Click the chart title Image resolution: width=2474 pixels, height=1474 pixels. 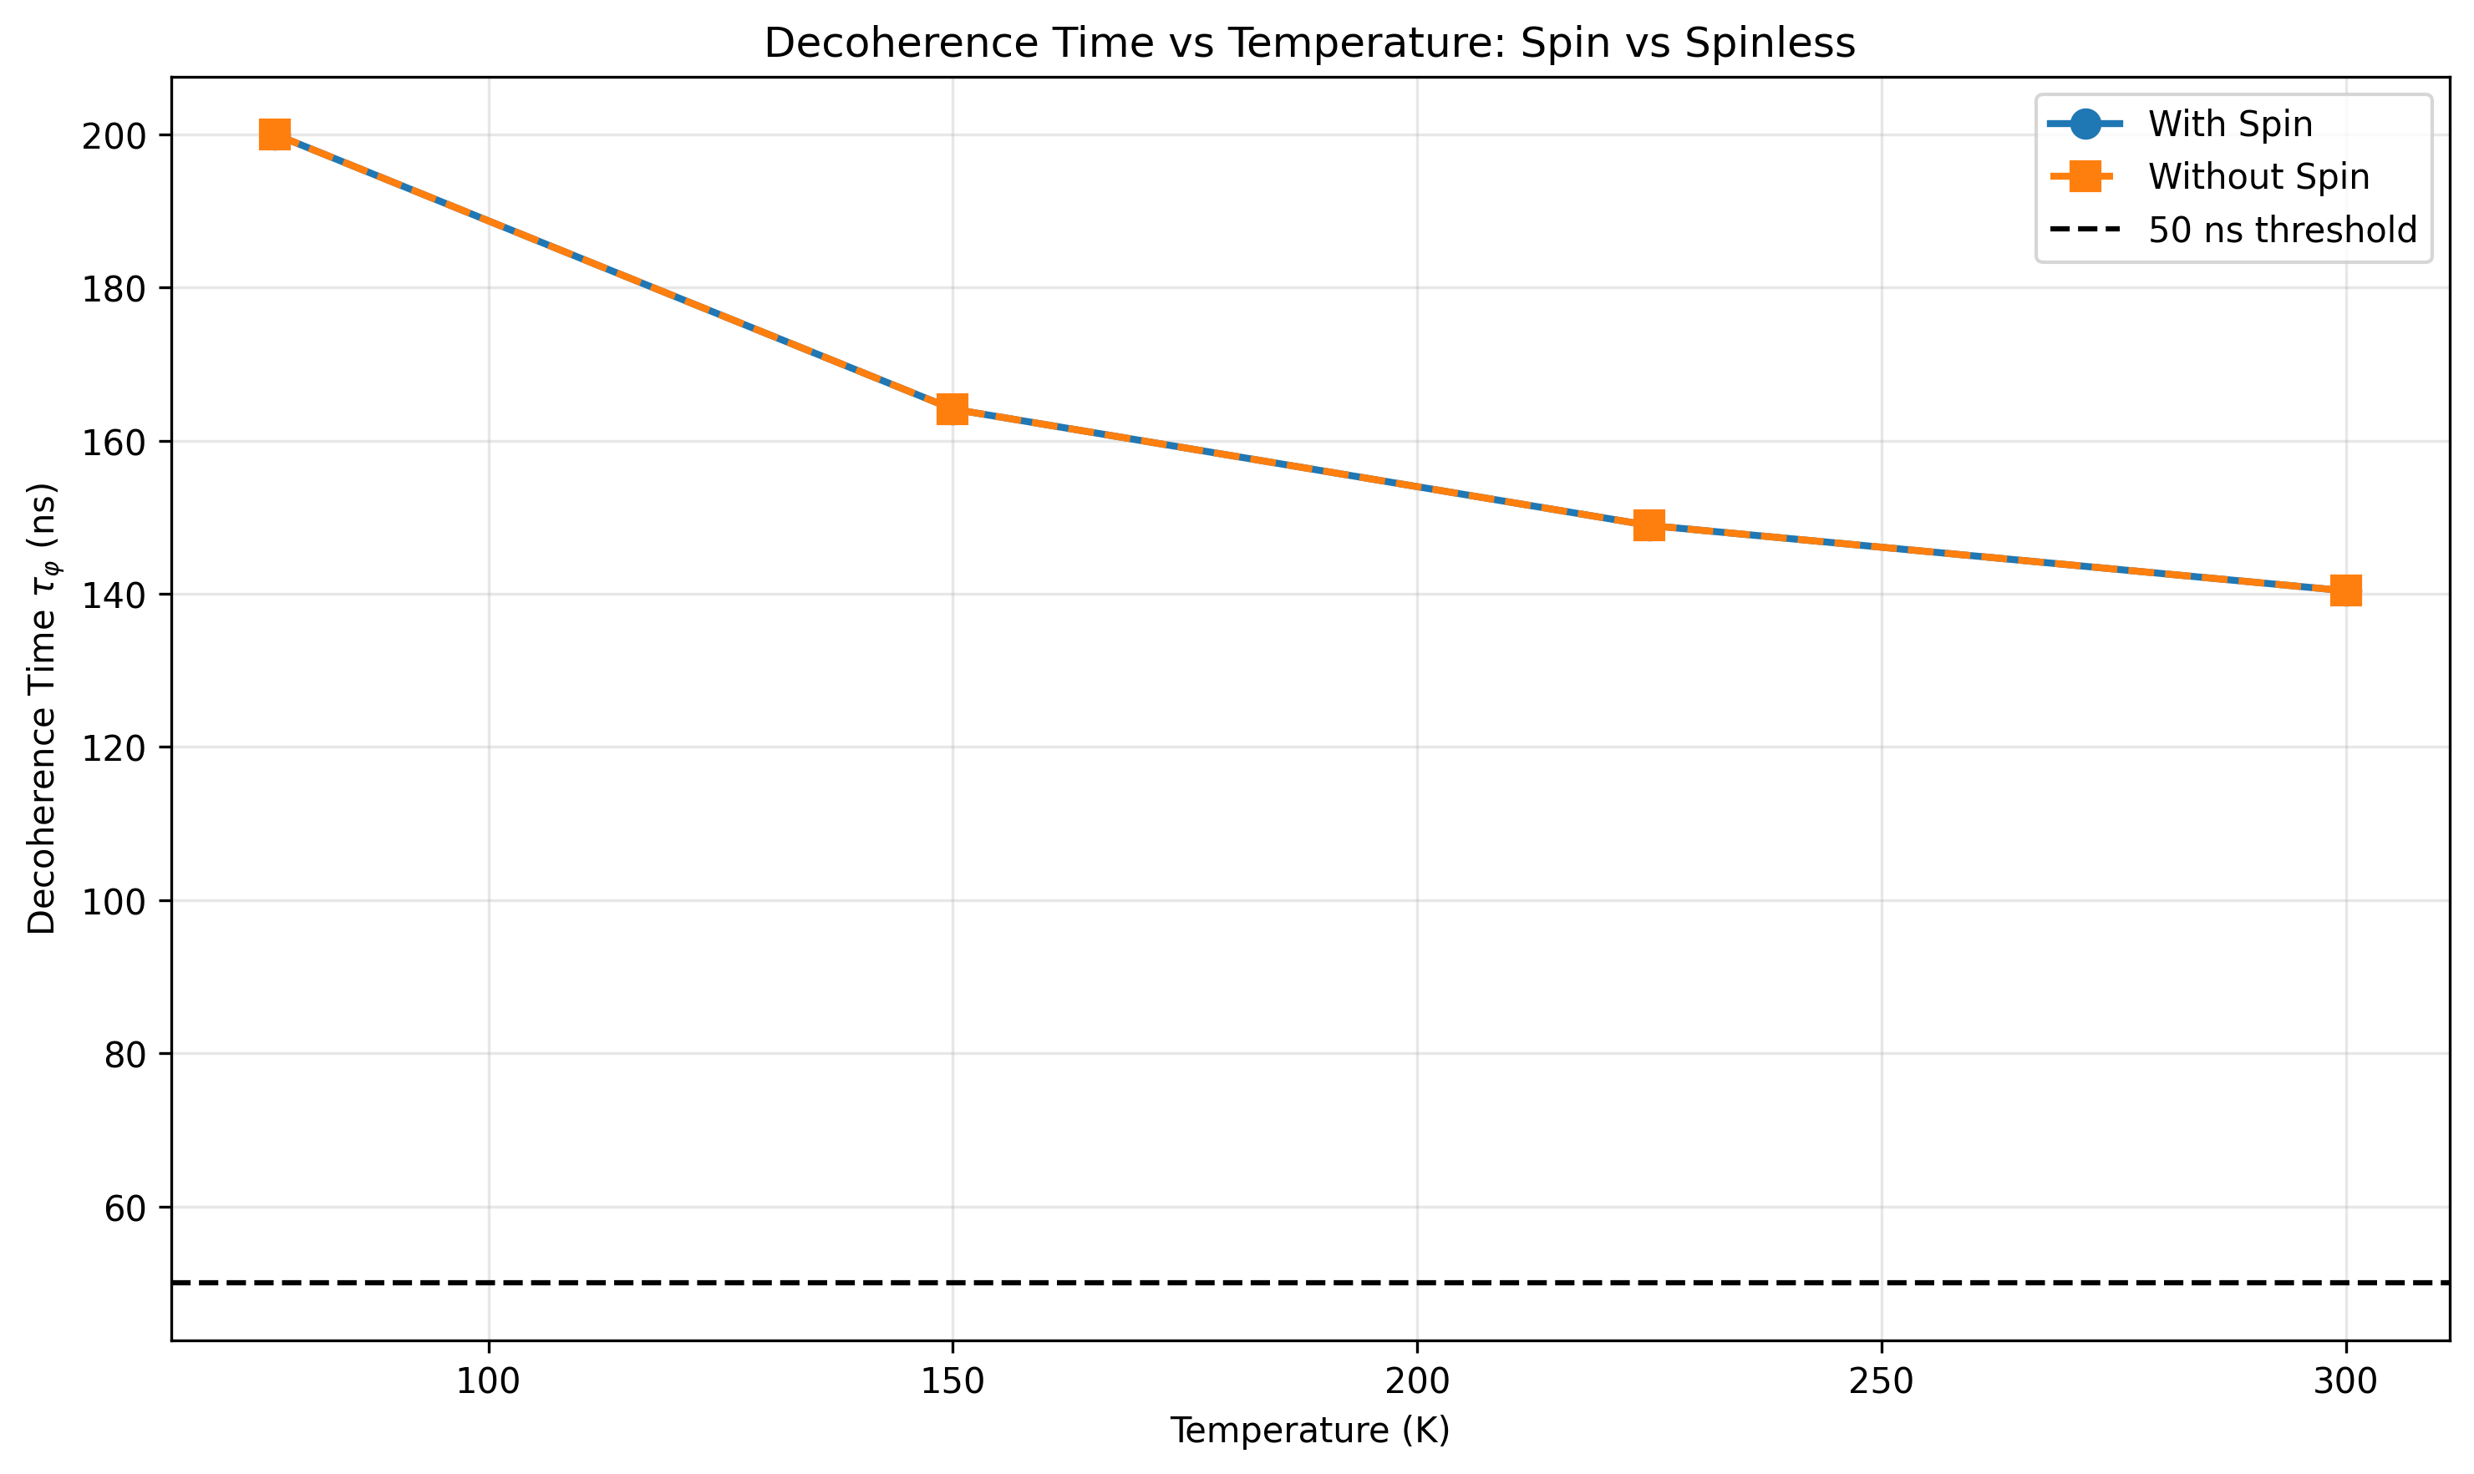(1308, 43)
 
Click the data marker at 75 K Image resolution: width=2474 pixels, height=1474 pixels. (275, 135)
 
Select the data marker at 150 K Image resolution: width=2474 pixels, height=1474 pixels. (952, 409)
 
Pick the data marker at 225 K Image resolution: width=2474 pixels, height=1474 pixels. (1649, 525)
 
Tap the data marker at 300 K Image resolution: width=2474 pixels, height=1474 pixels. (2346, 591)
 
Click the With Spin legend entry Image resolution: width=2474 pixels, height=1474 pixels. (2229, 124)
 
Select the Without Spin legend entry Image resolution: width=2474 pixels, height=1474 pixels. (2258, 177)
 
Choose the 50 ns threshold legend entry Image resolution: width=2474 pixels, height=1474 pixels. (2281, 230)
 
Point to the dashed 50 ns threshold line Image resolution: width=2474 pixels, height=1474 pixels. (1292, 1284)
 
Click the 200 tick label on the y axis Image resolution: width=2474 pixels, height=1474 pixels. (114, 136)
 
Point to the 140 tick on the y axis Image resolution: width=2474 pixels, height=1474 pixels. (114, 595)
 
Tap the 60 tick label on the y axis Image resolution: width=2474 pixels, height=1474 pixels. (124, 1208)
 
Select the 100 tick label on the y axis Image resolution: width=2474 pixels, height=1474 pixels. (114, 902)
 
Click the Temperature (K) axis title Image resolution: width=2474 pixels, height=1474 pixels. (1308, 1431)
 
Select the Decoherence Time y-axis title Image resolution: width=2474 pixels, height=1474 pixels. (43, 708)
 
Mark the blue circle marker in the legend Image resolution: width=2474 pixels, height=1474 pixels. (2085, 124)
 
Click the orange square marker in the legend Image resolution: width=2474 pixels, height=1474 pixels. (2085, 177)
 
